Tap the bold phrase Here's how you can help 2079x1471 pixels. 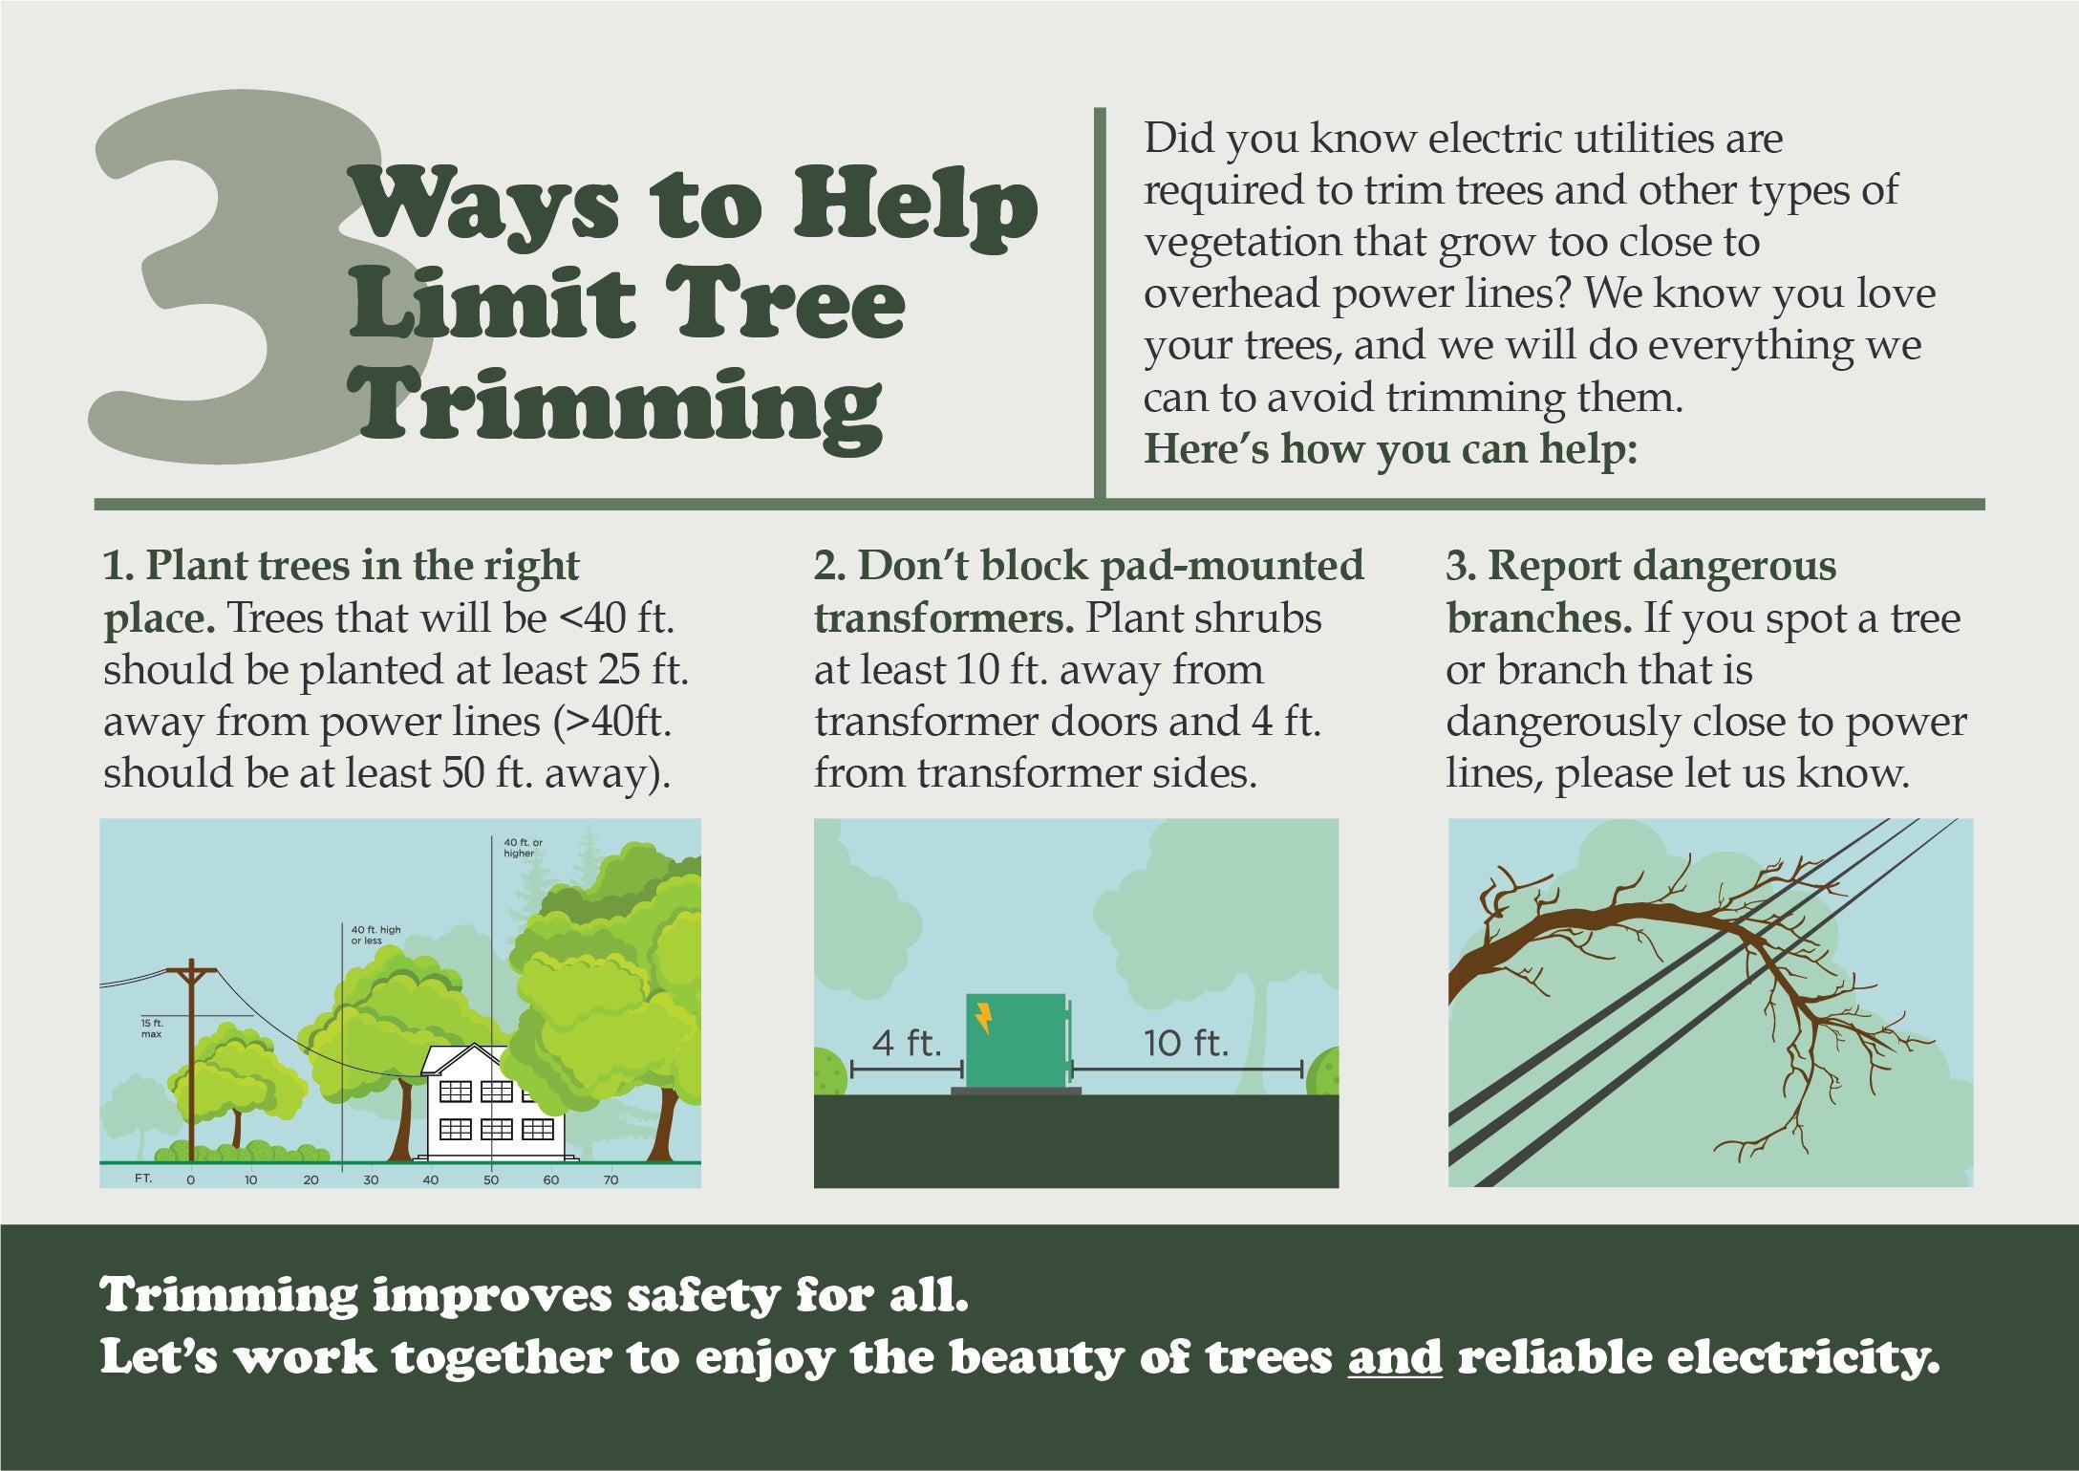coord(1390,449)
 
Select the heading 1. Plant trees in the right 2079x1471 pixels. coord(341,567)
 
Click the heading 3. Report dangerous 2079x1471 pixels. coord(1640,567)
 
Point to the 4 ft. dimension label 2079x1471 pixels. coord(907,1043)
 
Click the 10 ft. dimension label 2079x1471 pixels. coord(1186,1043)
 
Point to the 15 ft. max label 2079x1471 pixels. coord(151,1028)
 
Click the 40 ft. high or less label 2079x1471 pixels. coord(368,935)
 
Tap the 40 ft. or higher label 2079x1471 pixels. coord(523,848)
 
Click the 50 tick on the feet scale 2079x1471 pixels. coord(491,1180)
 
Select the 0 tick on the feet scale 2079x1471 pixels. coord(190,1180)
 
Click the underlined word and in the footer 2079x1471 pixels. coord(1394,1358)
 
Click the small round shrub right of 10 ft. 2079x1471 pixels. coord(1322,1071)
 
